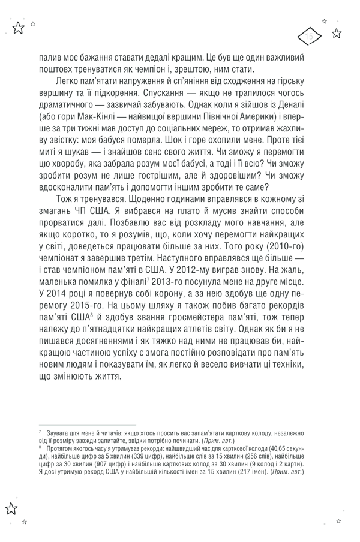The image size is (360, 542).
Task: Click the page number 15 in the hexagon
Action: (x=310, y=37)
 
